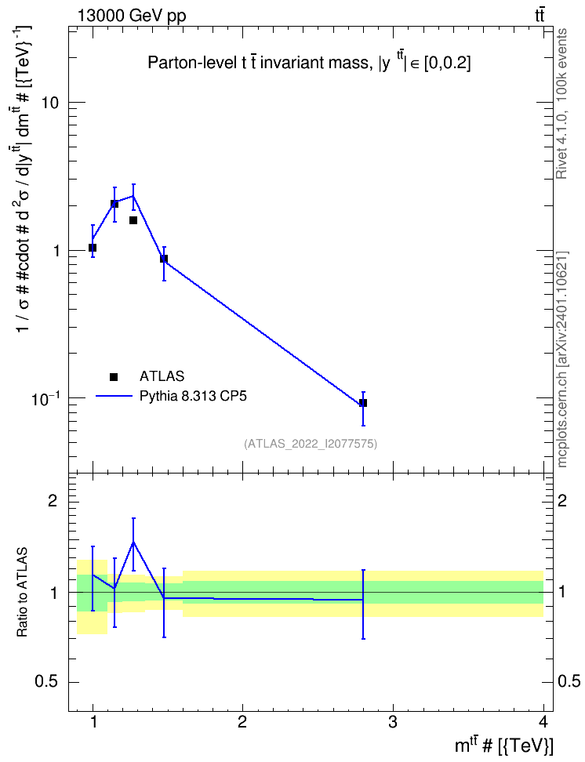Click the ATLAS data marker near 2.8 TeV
[363, 403]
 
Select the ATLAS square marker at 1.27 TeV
[133, 220]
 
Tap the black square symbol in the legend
[114, 376]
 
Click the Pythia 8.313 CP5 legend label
[193, 397]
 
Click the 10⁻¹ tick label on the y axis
[45, 399]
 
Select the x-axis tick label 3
[392, 722]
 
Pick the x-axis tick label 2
[242, 722]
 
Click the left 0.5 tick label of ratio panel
[46, 682]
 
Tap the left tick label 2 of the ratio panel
[53, 500]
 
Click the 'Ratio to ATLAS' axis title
[23, 592]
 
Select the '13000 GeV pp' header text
[131, 16]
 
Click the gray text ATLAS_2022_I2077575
[311, 443]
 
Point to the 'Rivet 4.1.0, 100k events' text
[561, 103]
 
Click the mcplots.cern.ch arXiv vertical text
[561, 359]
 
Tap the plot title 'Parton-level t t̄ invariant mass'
[258, 63]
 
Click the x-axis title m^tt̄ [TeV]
[503, 745]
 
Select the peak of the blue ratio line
[133, 542]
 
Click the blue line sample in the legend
[114, 397]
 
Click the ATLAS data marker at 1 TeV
[93, 248]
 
